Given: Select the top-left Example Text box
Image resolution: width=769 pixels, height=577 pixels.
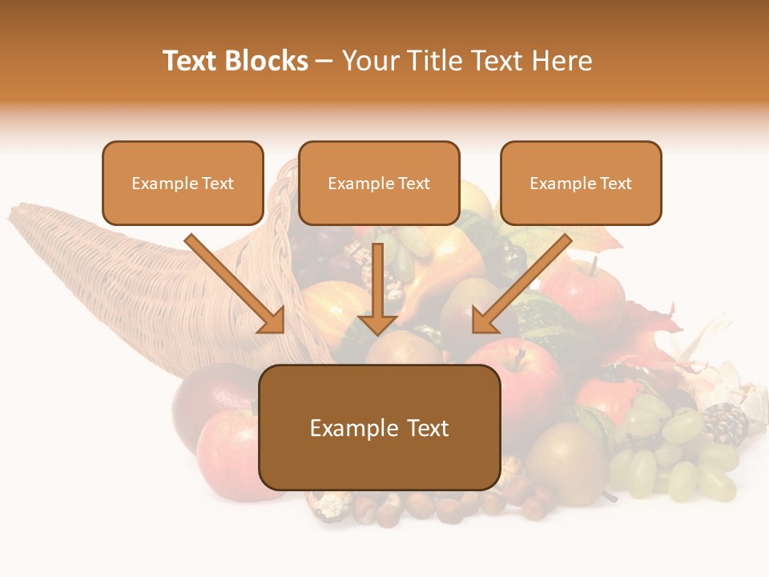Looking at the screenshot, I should coord(183,184).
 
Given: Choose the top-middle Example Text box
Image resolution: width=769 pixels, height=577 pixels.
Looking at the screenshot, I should coord(379,184).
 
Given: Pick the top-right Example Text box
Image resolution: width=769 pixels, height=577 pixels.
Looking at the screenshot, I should coord(581,184).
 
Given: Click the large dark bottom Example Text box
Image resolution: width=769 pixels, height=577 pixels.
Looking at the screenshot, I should coord(379,428).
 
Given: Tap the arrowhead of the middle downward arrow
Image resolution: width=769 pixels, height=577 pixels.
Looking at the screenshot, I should coord(377,324).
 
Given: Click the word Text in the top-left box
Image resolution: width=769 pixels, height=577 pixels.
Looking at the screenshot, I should coord(218,184).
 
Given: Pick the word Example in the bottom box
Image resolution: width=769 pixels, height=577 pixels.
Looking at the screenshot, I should coord(342,428).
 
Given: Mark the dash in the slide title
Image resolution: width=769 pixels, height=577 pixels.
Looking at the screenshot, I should coord(324,61).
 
